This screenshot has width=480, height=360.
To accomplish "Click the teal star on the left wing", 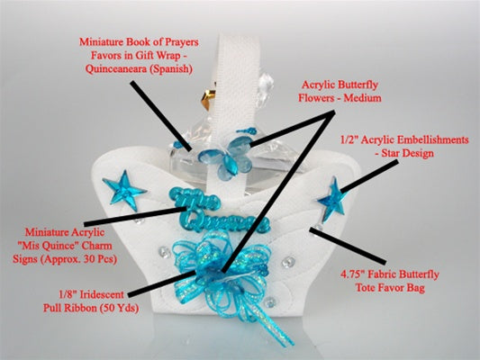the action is (124, 190).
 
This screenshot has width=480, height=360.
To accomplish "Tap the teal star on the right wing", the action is (332, 200).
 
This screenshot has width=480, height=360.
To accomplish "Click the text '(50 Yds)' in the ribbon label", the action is (119, 308).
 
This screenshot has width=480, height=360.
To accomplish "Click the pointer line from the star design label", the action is (369, 176).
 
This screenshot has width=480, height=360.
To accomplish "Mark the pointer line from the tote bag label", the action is (348, 246).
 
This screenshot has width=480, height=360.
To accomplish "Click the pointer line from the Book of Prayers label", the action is (161, 116).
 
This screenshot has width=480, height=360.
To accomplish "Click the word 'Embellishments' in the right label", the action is (432, 139).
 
